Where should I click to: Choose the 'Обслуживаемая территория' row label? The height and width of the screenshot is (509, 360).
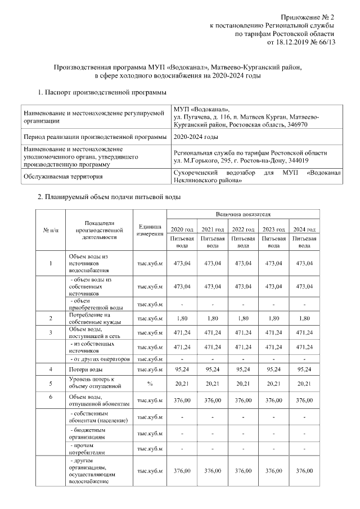point(62,177)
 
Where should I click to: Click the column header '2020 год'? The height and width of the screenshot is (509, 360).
point(182,229)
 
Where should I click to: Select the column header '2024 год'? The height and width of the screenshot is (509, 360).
point(304,229)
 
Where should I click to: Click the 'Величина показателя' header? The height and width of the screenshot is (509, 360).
point(243,214)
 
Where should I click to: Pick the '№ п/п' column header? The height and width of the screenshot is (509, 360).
point(51,230)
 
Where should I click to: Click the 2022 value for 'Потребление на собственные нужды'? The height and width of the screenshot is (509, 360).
point(243,319)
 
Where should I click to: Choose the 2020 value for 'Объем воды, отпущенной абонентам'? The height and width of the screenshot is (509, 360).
point(182,400)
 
